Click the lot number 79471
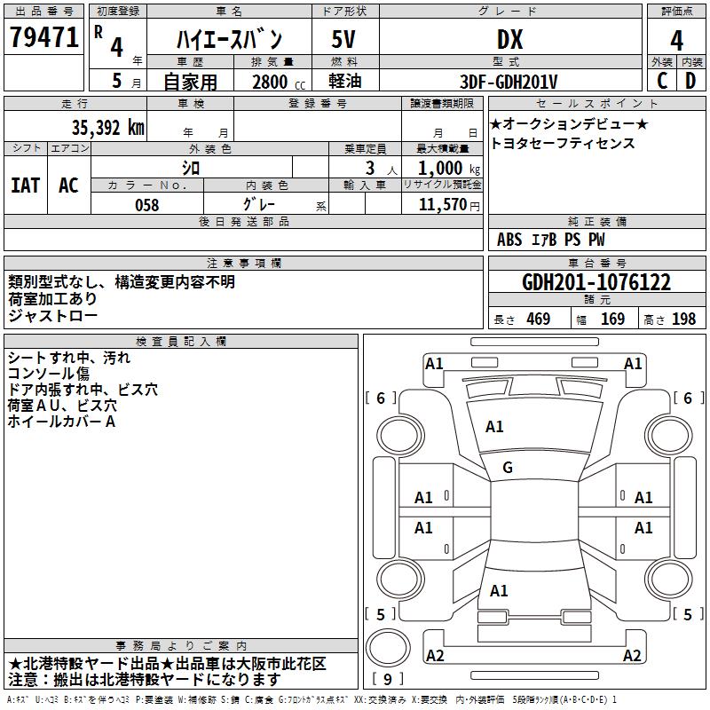point(43,38)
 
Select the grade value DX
point(509,38)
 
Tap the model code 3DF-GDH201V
point(509,82)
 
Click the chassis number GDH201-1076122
point(596,282)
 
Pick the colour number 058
point(146,205)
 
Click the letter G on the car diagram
point(508,468)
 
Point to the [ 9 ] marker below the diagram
point(388,680)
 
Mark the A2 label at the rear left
point(436,656)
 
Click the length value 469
point(538,319)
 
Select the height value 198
point(683,319)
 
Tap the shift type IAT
point(25,185)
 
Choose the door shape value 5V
point(343,38)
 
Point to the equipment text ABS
point(509,240)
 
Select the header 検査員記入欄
point(181,342)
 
